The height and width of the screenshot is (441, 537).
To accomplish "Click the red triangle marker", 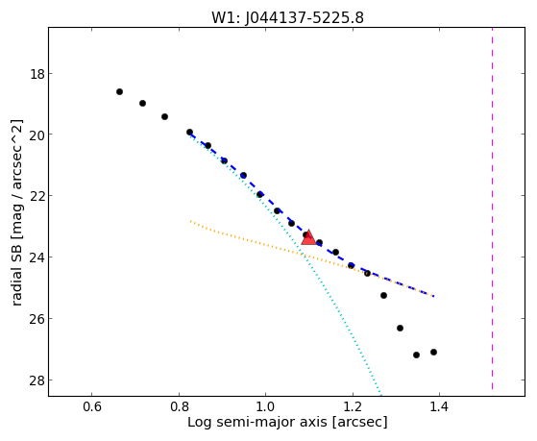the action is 308,237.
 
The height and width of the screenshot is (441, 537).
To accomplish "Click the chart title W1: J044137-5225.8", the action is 287,17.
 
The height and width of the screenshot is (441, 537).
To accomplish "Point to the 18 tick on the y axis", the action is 49,73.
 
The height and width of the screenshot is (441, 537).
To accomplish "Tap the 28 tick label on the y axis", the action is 37,380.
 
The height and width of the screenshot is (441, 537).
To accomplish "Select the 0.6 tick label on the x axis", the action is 92,407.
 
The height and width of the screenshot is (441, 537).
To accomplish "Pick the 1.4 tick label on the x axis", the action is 439,407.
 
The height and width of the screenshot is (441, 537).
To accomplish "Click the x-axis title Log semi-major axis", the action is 257,423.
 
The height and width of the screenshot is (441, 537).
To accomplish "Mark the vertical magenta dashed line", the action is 492,208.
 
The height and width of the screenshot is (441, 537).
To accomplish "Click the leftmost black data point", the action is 119,92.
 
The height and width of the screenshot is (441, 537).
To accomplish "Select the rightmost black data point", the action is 433,353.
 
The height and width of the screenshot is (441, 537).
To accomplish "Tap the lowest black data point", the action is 417,355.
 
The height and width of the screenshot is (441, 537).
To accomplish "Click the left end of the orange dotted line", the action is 190,221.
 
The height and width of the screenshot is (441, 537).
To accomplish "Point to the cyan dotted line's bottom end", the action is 380,393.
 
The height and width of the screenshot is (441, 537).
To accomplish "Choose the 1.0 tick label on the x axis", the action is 266,407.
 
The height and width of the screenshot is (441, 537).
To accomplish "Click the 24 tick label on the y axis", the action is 37,257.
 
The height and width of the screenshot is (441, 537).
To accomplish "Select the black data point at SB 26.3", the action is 400,329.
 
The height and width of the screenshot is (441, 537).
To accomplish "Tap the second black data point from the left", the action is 143,103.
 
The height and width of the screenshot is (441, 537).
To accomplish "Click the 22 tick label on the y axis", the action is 37,196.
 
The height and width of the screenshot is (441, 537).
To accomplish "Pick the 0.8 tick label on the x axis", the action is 179,407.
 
